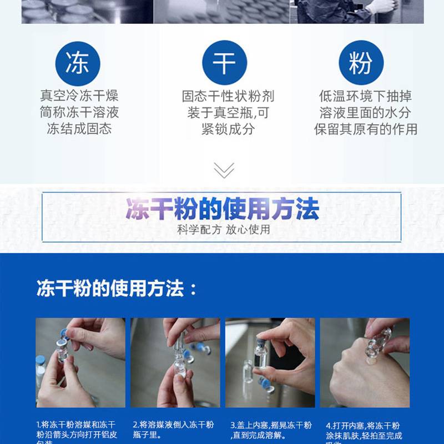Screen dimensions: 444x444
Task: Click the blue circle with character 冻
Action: pyautogui.click(x=77, y=63)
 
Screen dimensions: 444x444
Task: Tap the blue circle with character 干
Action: pyautogui.click(x=224, y=63)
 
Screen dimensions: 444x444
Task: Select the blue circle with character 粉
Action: pyautogui.click(x=361, y=63)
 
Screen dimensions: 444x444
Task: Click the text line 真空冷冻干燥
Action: pyautogui.click(x=79, y=96)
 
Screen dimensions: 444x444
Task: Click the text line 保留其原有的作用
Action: pyautogui.click(x=366, y=129)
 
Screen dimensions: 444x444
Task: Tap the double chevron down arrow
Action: pyautogui.click(x=224, y=170)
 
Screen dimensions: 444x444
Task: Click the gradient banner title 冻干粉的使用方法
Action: pyautogui.click(x=222, y=210)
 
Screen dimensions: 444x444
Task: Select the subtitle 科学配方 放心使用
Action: pyautogui.click(x=224, y=229)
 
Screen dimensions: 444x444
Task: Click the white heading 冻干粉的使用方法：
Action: pyautogui.click(x=117, y=289)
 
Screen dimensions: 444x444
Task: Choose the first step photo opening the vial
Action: pyautogui.click(x=80, y=362)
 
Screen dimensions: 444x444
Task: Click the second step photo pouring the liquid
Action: pyautogui.click(x=175, y=362)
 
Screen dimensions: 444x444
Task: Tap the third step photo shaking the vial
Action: pyautogui.click(x=270, y=362)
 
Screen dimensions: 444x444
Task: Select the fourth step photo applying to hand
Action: pyautogui.click(x=365, y=362)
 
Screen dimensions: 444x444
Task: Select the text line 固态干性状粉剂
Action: pyautogui.click(x=228, y=96)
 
